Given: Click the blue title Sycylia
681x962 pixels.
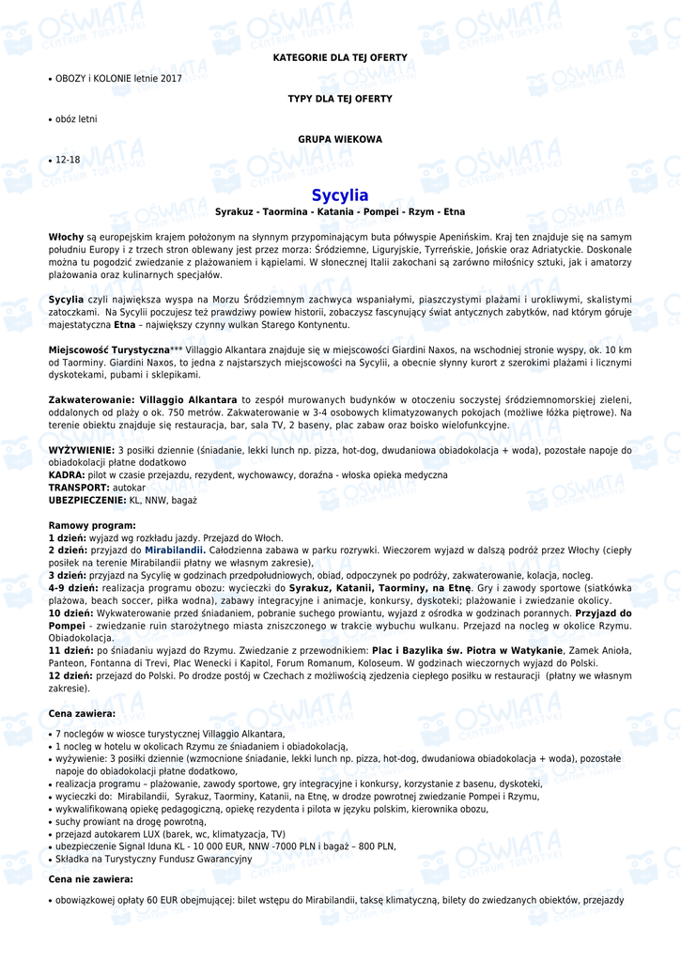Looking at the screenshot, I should coord(340,195).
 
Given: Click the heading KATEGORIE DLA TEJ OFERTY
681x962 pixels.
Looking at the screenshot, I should coord(340,58).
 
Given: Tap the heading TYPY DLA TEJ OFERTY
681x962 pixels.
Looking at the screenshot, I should coord(340,99).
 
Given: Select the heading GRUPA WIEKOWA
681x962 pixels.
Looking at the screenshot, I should coord(340,139).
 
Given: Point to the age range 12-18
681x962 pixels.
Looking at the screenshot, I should coord(68,160).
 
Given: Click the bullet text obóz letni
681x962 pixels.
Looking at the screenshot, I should coord(76,119).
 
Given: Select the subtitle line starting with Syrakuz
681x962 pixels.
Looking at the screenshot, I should coord(340,212).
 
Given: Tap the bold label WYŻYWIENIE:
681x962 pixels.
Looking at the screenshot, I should coord(82,450).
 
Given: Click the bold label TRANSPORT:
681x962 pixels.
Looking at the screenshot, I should coord(79,488).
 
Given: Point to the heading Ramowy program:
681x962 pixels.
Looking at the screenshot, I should coord(92,525).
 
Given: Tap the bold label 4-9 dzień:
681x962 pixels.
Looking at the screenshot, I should coord(73,587).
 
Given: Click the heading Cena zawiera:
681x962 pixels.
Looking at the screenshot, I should coord(82,714).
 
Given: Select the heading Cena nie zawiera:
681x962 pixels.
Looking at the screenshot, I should coord(90,879).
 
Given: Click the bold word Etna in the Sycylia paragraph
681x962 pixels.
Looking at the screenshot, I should coord(125,325).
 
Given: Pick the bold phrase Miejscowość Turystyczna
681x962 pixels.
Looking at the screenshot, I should coord(109,349).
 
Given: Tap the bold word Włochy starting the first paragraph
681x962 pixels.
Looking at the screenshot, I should coord(66,237).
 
